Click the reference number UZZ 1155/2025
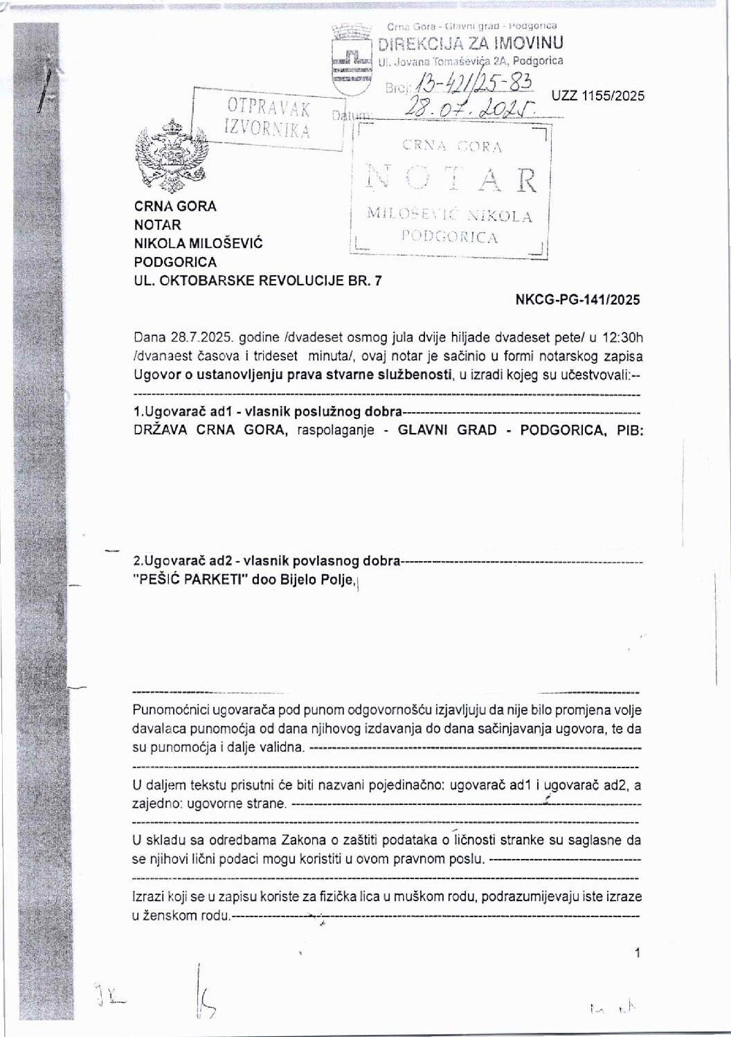tap(598, 96)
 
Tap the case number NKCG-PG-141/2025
tap(578, 300)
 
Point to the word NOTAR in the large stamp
tap(451, 179)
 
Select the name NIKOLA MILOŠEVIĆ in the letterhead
tap(199, 244)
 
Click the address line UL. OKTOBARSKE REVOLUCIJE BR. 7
tap(257, 281)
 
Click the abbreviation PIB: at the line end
tap(625, 430)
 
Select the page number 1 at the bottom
tap(637, 954)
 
